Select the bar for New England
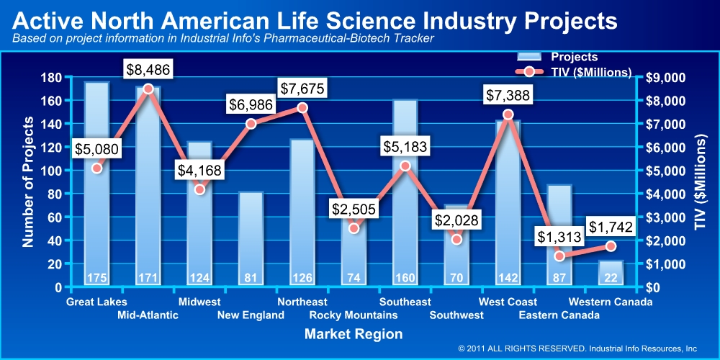coord(251,238)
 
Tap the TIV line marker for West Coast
coord(508,114)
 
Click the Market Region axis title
coord(354,334)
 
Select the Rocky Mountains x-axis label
coord(353,315)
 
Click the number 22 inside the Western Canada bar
coord(611,279)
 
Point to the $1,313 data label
coord(559,236)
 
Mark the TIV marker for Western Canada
coord(611,246)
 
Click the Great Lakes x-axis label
coord(96,302)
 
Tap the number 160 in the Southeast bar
coord(405,279)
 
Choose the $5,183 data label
coord(405,148)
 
